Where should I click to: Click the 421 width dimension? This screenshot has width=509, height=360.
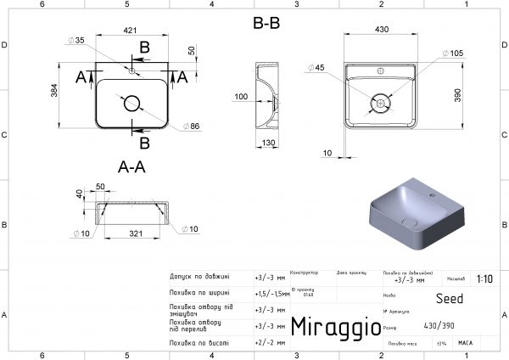(130, 31)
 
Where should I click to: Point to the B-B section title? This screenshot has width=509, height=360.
(266, 24)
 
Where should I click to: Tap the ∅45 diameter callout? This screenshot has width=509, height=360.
(317, 67)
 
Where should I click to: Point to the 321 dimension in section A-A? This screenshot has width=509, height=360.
(130, 231)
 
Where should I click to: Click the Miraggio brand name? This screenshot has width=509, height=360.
(330, 327)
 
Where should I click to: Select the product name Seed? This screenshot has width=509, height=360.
(450, 299)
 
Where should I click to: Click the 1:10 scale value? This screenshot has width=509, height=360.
(484, 278)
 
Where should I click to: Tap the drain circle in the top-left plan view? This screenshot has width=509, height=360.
(131, 104)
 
